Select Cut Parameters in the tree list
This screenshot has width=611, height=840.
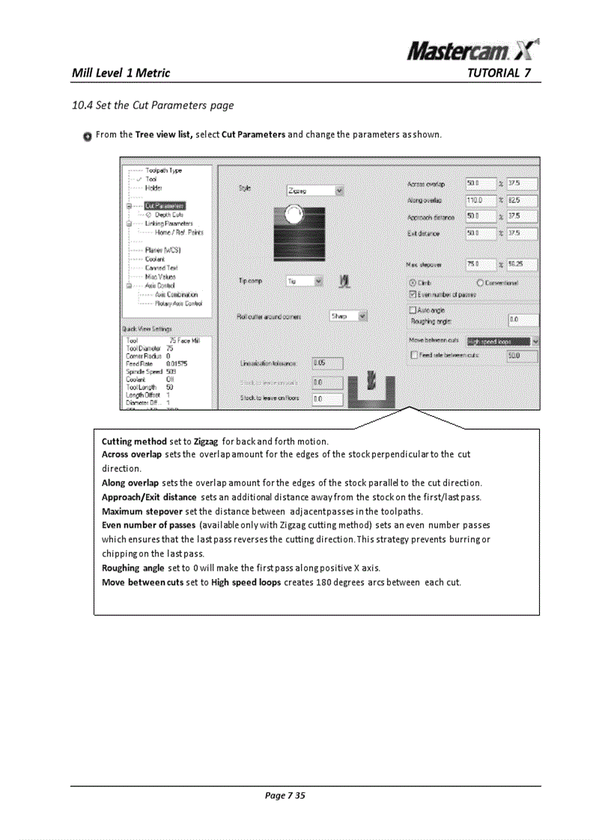[165, 205]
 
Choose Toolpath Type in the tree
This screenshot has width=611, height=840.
[163, 171]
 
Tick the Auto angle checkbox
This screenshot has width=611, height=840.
[413, 309]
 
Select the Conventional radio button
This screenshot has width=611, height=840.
[480, 283]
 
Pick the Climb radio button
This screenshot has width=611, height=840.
[413, 283]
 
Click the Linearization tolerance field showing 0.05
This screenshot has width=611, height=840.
[326, 364]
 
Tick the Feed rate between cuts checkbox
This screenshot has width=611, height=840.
[413, 355]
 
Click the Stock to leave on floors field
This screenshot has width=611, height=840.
[326, 399]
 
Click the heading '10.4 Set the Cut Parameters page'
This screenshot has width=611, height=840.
[152, 105]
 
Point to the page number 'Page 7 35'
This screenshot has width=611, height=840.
[285, 795]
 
